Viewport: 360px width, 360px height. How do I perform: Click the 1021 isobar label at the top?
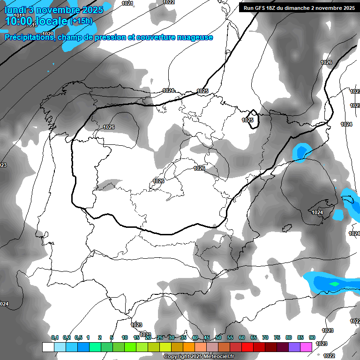point(127,3)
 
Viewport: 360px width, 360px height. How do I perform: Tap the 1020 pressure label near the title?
point(47,34)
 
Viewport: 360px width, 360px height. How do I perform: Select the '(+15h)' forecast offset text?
point(81,21)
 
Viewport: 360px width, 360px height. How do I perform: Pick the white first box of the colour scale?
point(48,347)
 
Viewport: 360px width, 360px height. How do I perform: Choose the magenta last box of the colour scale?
point(306,347)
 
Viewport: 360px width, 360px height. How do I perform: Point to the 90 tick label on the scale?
point(312,337)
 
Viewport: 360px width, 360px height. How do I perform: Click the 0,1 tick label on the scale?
point(54,337)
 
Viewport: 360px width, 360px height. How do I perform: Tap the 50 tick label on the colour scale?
point(218,337)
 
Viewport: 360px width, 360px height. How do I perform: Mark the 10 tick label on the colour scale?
point(125,337)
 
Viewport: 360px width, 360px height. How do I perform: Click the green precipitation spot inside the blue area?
point(334,284)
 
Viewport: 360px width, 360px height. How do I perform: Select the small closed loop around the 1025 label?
point(253,119)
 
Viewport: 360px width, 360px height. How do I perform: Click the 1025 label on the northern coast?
point(202,91)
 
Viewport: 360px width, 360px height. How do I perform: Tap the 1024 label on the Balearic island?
point(317,212)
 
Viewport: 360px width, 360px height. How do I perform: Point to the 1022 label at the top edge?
point(169,2)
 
